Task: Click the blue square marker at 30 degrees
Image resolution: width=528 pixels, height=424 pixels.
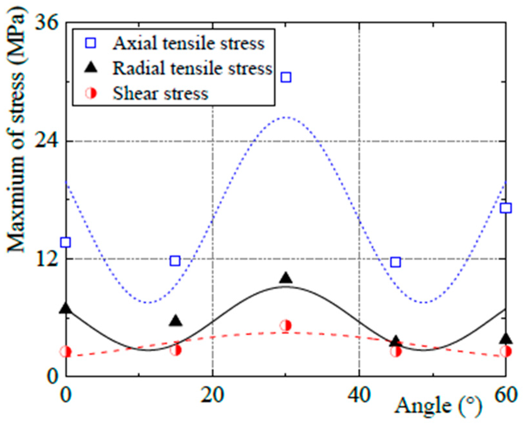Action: (286, 77)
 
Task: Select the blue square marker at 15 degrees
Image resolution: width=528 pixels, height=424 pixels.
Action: (175, 260)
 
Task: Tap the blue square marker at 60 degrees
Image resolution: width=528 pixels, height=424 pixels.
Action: (506, 208)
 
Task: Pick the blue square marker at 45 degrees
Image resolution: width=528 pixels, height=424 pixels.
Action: (395, 262)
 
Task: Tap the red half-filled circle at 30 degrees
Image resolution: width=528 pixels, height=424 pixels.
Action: (286, 325)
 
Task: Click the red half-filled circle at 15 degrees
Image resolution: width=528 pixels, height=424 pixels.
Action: (176, 350)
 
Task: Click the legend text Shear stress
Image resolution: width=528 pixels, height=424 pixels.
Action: (160, 93)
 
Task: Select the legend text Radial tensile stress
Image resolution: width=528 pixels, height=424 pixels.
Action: (192, 68)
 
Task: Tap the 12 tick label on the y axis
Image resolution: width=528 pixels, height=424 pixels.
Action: (46, 259)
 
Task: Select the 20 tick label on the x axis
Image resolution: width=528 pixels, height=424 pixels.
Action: (212, 395)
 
